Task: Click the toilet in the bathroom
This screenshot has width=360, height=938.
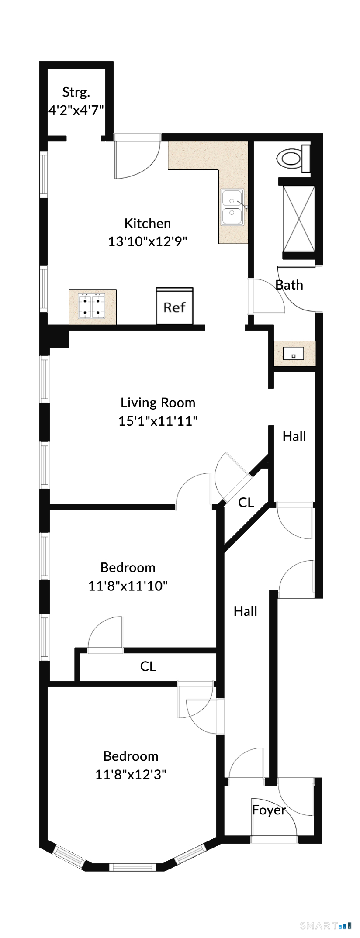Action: pyautogui.click(x=293, y=159)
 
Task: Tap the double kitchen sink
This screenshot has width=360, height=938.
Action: pyautogui.click(x=232, y=207)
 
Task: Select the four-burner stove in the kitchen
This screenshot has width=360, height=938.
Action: pyautogui.click(x=92, y=306)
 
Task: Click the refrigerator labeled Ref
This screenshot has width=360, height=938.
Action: pyautogui.click(x=174, y=306)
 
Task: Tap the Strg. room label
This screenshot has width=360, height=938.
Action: pyautogui.click(x=76, y=92)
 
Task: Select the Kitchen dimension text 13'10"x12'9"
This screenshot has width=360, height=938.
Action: pyautogui.click(x=148, y=241)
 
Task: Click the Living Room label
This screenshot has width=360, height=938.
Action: pyautogui.click(x=158, y=403)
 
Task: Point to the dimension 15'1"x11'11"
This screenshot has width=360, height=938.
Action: pyautogui.click(x=158, y=421)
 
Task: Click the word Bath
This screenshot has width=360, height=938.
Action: pyautogui.click(x=289, y=285)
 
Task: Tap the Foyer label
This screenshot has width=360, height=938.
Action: pyautogui.click(x=269, y=810)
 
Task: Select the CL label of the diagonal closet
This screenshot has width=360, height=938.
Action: pyautogui.click(x=246, y=503)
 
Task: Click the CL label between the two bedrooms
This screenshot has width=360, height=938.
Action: pyautogui.click(x=148, y=666)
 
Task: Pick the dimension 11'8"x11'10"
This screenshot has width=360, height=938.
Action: pyautogui.click(x=128, y=586)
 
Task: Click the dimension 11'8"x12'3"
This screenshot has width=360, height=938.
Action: pyautogui.click(x=131, y=774)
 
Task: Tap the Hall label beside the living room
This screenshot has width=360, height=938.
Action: pyautogui.click(x=294, y=436)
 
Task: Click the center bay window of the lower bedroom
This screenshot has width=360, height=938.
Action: pyautogui.click(x=132, y=867)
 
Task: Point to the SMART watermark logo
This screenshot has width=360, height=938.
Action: pyautogui.click(x=325, y=925)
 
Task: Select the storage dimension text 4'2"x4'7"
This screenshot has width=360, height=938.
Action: pyautogui.click(x=76, y=110)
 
